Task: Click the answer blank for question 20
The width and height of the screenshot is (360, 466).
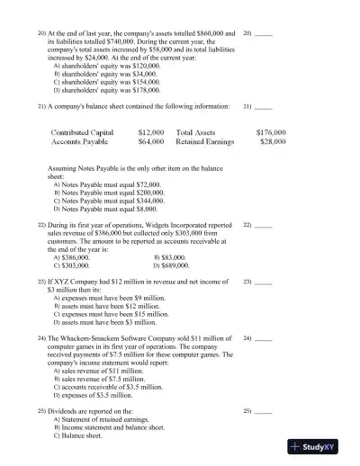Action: point(263,33)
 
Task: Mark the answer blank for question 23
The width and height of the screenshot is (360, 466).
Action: point(263,282)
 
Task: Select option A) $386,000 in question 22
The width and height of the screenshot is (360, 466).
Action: point(81,257)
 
